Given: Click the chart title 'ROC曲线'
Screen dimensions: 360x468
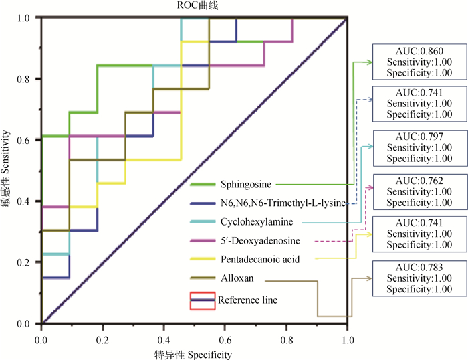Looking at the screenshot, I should pyautogui.click(x=194, y=6).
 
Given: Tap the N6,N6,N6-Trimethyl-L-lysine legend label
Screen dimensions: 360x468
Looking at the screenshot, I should pyautogui.click(x=281, y=203).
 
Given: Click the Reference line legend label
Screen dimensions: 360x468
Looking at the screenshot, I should pyautogui.click(x=247, y=300).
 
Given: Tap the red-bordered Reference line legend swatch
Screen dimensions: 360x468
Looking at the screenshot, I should pyautogui.click(x=202, y=300).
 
